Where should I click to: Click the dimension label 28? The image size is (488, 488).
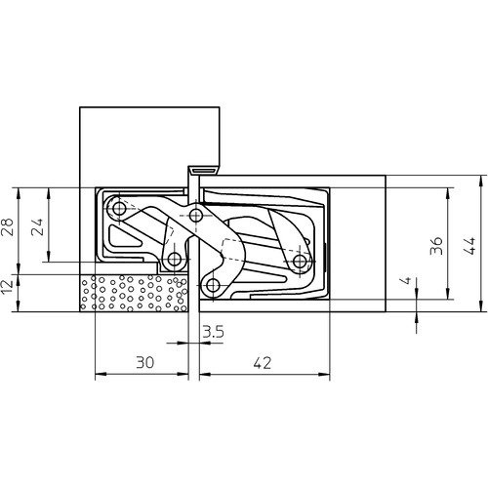(x=8, y=227)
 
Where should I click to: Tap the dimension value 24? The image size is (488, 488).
(x=38, y=227)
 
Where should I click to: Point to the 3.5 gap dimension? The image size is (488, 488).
(x=213, y=332)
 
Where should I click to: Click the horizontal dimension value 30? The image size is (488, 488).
(x=144, y=362)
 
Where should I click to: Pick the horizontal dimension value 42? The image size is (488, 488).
(x=263, y=362)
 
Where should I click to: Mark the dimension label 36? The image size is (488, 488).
(x=436, y=246)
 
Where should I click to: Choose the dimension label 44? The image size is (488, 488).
(x=468, y=246)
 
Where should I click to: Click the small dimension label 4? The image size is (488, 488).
(x=405, y=280)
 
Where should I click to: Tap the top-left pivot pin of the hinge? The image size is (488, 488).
(x=119, y=208)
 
